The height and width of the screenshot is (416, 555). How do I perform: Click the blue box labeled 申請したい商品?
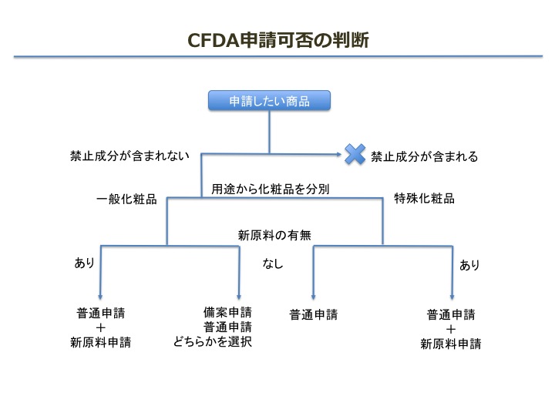(269, 101)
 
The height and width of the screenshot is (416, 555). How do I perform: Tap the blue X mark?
(355, 154)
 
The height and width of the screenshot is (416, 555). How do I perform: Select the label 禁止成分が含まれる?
(425, 156)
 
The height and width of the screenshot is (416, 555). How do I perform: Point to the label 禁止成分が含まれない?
(130, 156)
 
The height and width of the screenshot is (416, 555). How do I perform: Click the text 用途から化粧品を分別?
(271, 189)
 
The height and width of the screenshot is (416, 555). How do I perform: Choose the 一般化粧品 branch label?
(126, 199)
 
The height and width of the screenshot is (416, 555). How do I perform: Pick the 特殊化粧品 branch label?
(425, 198)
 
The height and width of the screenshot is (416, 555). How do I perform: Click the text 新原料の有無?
(274, 235)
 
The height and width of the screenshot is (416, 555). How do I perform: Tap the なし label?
(273, 263)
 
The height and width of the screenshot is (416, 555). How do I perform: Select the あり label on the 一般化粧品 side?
(84, 263)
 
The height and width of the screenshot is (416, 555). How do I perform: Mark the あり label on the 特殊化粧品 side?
(469, 264)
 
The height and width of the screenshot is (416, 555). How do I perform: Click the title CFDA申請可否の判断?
(278, 39)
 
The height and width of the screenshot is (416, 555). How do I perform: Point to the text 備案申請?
(227, 312)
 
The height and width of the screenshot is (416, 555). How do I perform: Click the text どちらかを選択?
(213, 341)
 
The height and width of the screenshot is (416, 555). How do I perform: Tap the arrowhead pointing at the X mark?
(338, 154)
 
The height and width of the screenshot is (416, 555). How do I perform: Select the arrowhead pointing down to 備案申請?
(239, 296)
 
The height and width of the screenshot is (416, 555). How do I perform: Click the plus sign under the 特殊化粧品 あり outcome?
(451, 330)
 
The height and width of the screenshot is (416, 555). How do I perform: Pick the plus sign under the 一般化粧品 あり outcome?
(100, 327)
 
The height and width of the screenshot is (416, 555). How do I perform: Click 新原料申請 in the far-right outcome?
(451, 344)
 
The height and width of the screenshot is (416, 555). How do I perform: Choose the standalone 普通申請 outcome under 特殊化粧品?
(314, 314)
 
